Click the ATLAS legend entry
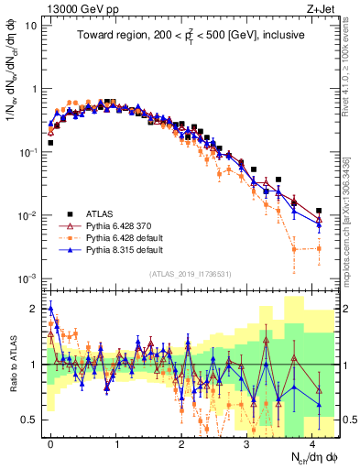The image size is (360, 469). [102, 213]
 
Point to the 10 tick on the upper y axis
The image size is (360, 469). [31, 26]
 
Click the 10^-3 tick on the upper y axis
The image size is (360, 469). [28, 278]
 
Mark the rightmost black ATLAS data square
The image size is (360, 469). [319, 211]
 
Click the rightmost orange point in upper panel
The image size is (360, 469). [319, 248]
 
